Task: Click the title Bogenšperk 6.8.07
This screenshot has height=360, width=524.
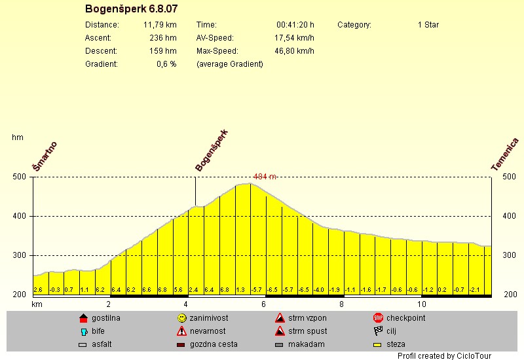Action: point(131,9)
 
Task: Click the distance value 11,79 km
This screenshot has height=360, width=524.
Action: point(160,25)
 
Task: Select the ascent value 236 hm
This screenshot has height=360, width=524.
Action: point(163,38)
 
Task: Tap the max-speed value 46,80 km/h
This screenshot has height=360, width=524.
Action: point(294,51)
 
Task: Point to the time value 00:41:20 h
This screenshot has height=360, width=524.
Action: point(295,25)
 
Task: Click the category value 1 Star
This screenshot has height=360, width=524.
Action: point(428,25)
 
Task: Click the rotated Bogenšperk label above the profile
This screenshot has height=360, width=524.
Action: point(212,151)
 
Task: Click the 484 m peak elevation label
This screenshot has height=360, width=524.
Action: point(265,177)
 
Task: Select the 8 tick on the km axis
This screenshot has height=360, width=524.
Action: point(341,304)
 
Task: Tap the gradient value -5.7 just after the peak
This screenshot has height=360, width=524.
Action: point(257,289)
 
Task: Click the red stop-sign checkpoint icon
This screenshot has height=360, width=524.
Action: point(378,318)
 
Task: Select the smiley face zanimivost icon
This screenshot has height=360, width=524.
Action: point(181,318)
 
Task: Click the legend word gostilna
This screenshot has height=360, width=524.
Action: point(106,318)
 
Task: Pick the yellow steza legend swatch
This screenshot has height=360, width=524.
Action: point(378,344)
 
